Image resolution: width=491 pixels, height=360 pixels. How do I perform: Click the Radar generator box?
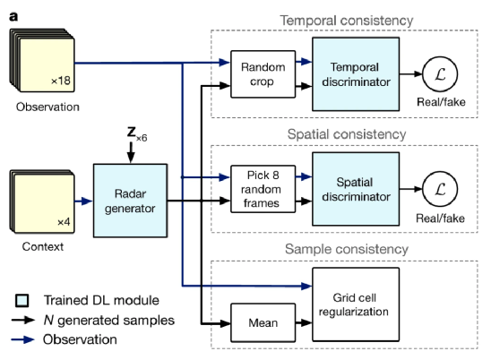coord(130,201)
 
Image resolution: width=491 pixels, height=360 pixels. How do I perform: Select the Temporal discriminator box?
coord(356,74)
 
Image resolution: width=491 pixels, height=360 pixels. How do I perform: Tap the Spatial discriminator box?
coord(356,189)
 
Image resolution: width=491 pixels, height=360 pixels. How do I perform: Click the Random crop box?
coord(263,74)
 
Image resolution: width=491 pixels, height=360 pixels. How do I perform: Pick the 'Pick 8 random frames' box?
coord(263,189)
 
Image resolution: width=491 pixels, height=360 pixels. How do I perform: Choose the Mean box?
coord(263,322)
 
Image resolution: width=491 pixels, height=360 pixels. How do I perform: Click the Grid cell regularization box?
coord(356,304)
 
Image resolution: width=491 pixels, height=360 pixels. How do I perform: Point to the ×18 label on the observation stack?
coord(61,81)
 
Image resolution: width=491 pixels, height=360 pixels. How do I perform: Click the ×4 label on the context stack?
coord(64,222)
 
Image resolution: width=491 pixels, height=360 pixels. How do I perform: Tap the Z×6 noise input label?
coord(137,133)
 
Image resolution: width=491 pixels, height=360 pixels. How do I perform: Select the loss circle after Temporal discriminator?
coord(440,74)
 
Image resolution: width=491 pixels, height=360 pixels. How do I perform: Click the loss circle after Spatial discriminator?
coord(440,189)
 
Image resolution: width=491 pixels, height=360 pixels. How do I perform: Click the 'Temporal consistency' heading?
coord(347,21)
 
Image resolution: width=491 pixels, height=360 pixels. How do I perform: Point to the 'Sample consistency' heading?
coord(347,249)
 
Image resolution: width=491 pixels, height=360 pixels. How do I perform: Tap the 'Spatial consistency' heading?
coord(347,134)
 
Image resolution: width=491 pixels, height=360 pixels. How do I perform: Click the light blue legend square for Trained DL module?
coord(22,300)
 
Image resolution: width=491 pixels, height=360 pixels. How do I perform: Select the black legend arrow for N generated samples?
coord(23,320)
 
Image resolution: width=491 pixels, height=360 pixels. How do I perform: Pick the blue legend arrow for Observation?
coord(23,339)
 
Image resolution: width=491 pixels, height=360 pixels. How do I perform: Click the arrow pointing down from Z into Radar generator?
coord(131,153)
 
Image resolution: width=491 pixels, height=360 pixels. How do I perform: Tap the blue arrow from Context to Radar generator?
coord(83,201)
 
